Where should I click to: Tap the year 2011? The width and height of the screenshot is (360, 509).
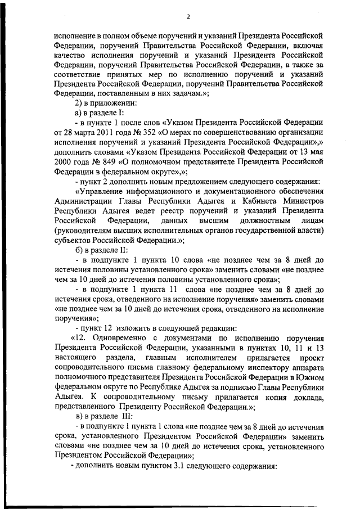(x=105, y=132)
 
